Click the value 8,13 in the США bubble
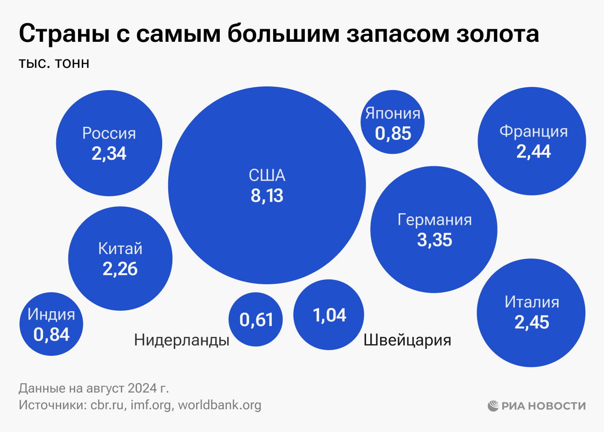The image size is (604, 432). [x=267, y=196]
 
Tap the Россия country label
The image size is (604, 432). [x=109, y=133]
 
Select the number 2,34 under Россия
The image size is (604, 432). [x=109, y=154]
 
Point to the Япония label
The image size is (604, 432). [x=393, y=113]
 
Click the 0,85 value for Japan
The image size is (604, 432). [x=393, y=134]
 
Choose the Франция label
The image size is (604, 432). [x=533, y=131]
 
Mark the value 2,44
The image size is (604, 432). [x=533, y=151]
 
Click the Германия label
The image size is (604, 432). [x=434, y=220]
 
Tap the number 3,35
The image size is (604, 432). [x=434, y=240]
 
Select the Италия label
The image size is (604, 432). [x=532, y=302]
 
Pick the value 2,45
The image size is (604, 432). [x=532, y=322]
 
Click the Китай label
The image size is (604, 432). [x=120, y=249]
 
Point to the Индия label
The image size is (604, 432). [x=51, y=314]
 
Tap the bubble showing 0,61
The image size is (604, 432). [x=256, y=320]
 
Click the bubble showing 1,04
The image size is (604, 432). [x=329, y=315]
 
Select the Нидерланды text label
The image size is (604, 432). [x=182, y=340]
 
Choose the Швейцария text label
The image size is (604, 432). [x=407, y=340]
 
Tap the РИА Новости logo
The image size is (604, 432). [x=537, y=406]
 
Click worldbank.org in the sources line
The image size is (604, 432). [x=220, y=405]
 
